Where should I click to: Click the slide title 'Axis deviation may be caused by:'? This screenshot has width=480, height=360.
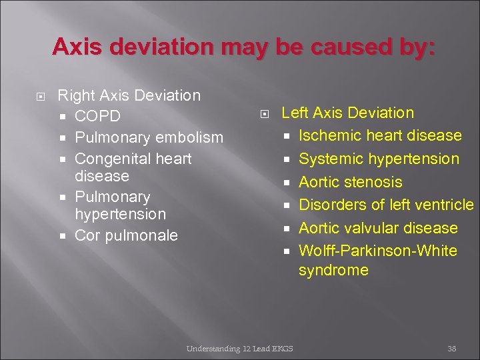click(x=244, y=47)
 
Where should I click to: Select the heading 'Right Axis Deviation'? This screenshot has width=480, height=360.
click(x=129, y=95)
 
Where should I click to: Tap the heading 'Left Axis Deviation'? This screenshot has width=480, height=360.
click(x=347, y=113)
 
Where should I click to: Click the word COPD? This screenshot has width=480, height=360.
click(x=97, y=117)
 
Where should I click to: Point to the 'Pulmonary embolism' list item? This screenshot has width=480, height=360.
click(x=149, y=137)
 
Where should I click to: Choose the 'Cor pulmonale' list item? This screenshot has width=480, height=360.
click(x=126, y=235)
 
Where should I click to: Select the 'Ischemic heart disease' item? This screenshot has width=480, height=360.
click(x=380, y=135)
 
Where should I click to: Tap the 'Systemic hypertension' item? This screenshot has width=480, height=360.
click(x=379, y=159)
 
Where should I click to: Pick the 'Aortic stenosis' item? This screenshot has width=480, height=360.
click(x=351, y=182)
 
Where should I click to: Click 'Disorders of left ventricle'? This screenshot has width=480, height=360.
click(x=386, y=205)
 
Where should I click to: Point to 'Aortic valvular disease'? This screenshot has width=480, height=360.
click(x=378, y=228)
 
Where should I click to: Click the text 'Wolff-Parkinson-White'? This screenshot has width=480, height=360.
click(x=378, y=251)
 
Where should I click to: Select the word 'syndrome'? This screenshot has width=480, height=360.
click(x=333, y=270)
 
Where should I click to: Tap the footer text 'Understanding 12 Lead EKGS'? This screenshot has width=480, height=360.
click(x=239, y=348)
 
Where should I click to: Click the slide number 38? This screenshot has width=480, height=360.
click(x=451, y=348)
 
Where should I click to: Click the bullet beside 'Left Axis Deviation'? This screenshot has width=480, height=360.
click(x=263, y=113)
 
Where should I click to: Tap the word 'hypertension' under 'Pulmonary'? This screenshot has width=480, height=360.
click(x=120, y=214)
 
